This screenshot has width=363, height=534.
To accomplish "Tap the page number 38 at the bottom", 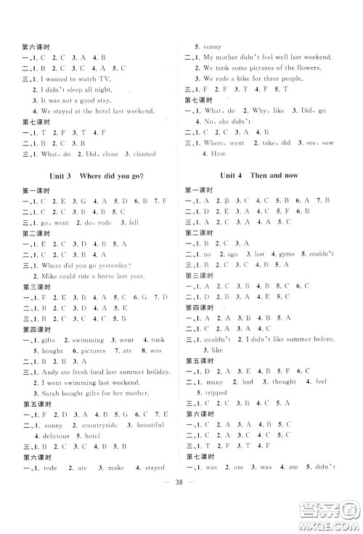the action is coord(182,511).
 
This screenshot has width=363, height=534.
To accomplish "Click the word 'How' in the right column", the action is coord(216,155).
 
